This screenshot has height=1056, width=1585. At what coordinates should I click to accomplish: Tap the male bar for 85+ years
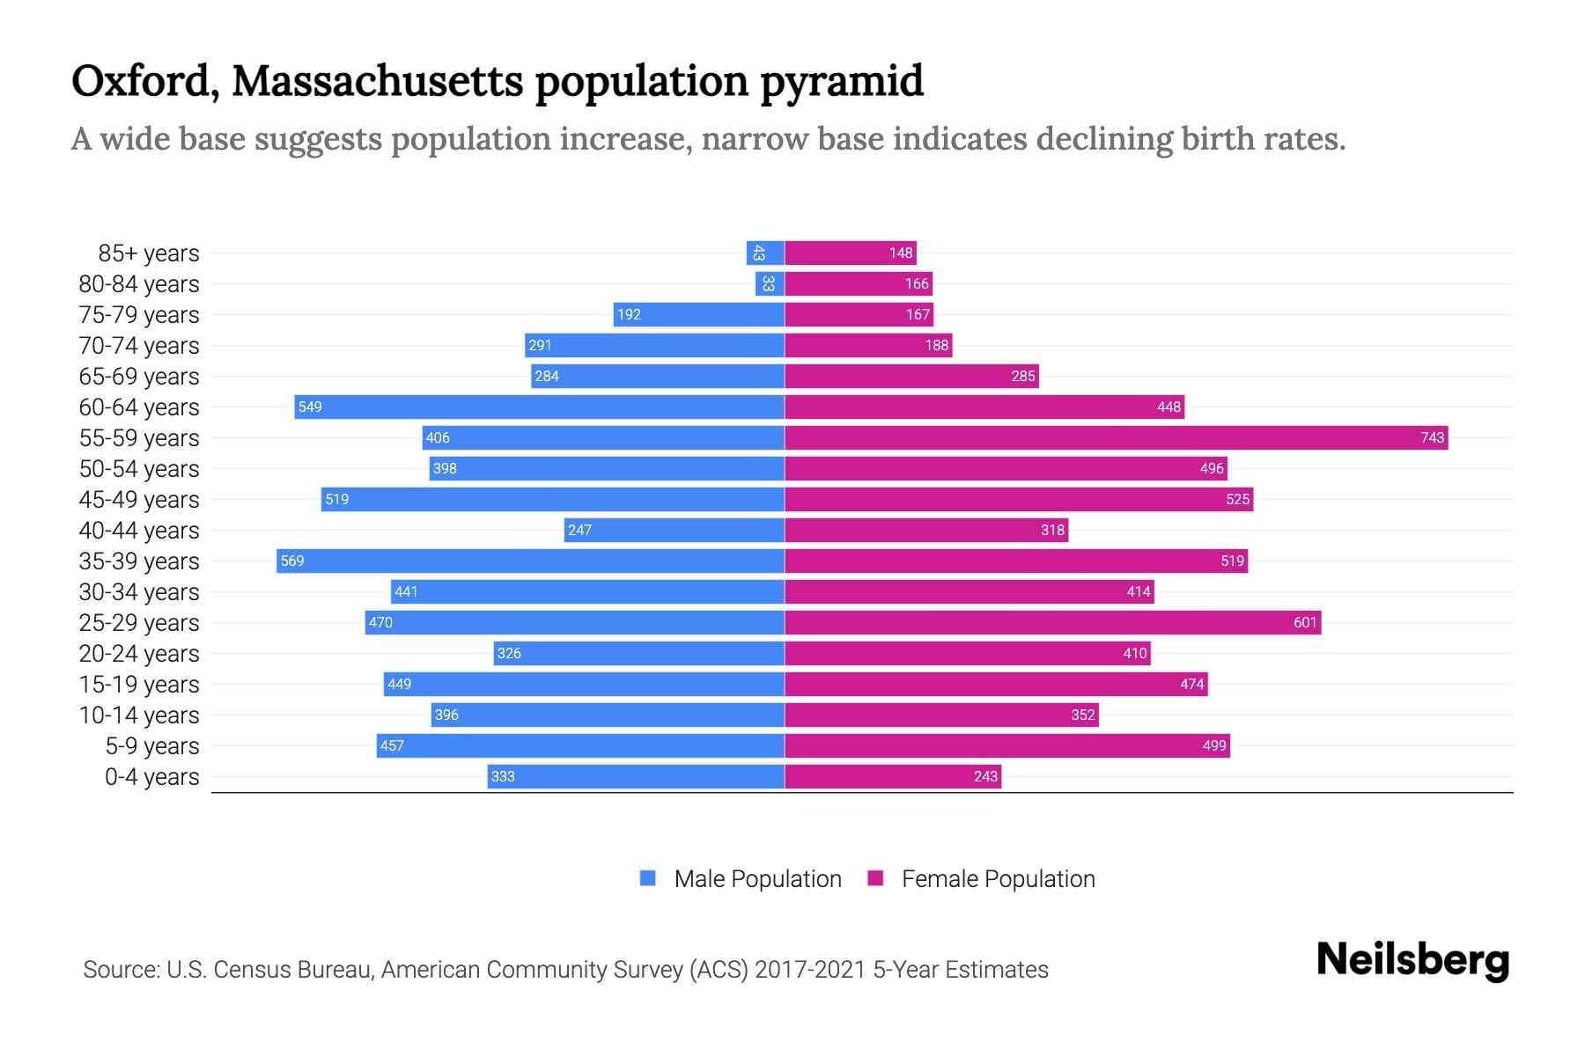tap(765, 253)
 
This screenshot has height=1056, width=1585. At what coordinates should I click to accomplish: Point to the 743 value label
tap(1432, 437)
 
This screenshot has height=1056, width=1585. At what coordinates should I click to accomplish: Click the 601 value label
tap(1305, 622)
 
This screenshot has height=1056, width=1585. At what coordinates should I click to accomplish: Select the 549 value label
tap(310, 407)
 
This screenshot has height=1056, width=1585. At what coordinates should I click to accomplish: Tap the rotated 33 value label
tap(769, 283)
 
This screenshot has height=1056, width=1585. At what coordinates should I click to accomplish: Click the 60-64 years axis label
tap(139, 407)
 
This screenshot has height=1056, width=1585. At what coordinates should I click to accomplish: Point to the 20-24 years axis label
tap(139, 654)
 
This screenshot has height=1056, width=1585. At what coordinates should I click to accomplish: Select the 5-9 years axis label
tap(152, 746)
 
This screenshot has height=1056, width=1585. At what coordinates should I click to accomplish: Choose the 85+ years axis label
tap(149, 253)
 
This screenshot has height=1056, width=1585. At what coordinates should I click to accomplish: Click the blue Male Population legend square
tap(648, 878)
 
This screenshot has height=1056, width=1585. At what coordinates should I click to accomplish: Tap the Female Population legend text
tap(998, 879)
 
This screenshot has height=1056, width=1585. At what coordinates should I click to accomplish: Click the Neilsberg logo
tap(1412, 960)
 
